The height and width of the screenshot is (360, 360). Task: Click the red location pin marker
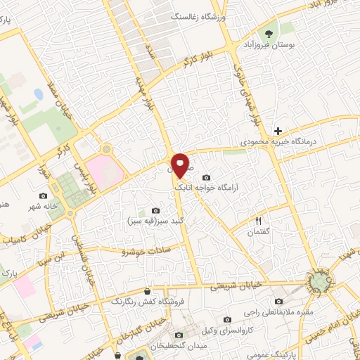(180, 165)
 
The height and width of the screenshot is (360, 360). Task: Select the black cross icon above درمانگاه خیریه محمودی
(278, 131)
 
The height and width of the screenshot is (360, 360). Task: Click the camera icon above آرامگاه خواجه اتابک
(205, 177)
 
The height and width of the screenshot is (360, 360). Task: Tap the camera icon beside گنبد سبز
(156, 210)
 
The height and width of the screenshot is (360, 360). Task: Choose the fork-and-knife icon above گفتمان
(258, 221)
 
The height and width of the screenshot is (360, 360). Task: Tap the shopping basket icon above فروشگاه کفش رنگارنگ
(147, 291)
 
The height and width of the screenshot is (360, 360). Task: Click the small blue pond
(37, 94)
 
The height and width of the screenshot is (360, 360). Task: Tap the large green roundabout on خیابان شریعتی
(321, 283)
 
